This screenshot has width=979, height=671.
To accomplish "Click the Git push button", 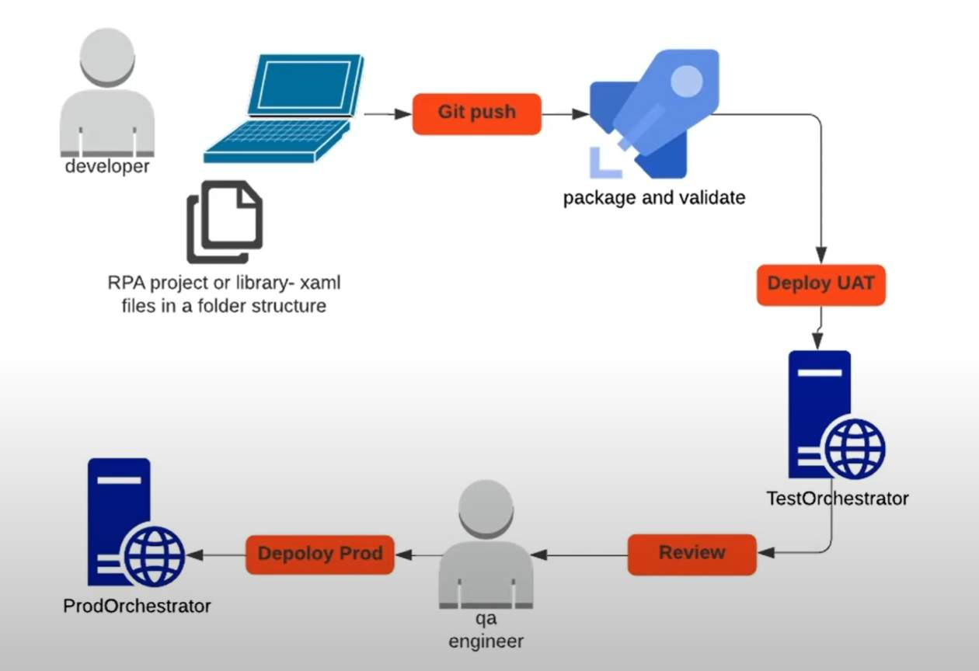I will [476, 113].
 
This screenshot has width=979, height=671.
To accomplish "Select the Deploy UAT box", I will [820, 283].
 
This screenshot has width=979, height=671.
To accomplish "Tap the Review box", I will [692, 554].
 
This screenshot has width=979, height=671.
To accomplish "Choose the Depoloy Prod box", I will [320, 555].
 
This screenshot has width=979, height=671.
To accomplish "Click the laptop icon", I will [284, 109].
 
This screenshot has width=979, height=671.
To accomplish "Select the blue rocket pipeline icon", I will [651, 113].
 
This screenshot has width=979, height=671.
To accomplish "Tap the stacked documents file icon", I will [225, 221].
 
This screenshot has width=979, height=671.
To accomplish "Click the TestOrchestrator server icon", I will [820, 415].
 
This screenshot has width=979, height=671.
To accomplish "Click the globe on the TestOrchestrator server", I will [855, 450].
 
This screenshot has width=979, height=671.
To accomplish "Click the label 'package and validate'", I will [654, 198].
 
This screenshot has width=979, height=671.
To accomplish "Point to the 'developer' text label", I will [107, 166].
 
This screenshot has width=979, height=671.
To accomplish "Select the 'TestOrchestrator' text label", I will [837, 499].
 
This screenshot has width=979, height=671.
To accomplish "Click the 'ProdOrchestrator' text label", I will [137, 606].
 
